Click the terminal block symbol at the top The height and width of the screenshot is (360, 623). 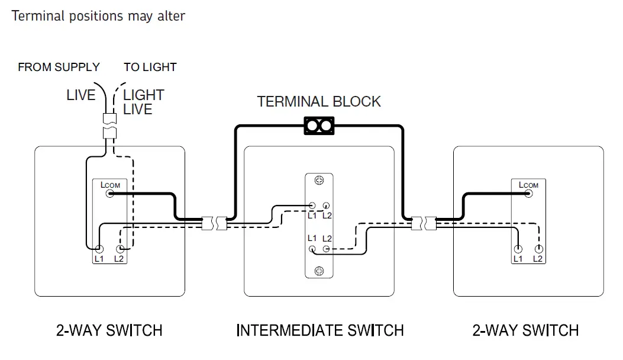pos(319,126)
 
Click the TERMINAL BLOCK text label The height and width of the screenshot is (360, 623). pos(319,102)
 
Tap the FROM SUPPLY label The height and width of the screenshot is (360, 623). pos(59,67)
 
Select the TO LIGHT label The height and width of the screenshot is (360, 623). pos(150,67)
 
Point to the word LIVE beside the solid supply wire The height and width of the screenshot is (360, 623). pos(80,95)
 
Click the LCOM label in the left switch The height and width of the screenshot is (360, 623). pos(111,185)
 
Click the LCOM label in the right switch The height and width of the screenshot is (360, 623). pos(528,185)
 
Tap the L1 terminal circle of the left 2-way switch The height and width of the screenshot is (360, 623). pos(99,249)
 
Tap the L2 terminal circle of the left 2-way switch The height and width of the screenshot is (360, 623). pos(120,249)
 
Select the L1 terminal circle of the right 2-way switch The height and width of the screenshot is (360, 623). pos(518,249)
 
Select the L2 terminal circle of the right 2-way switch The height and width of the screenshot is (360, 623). pos(539,249)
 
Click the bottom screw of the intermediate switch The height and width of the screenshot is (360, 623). pos(319,271)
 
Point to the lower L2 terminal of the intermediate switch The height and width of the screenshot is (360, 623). pos(325,249)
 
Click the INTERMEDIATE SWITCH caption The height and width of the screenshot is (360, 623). pos(319,330)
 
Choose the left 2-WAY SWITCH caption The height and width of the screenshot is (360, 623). pos(109,330)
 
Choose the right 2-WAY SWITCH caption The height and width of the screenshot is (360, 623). pos(525,330)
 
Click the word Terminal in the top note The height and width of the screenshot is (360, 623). pos(37,16)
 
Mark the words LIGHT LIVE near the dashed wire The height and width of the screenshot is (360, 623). pos(143,102)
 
